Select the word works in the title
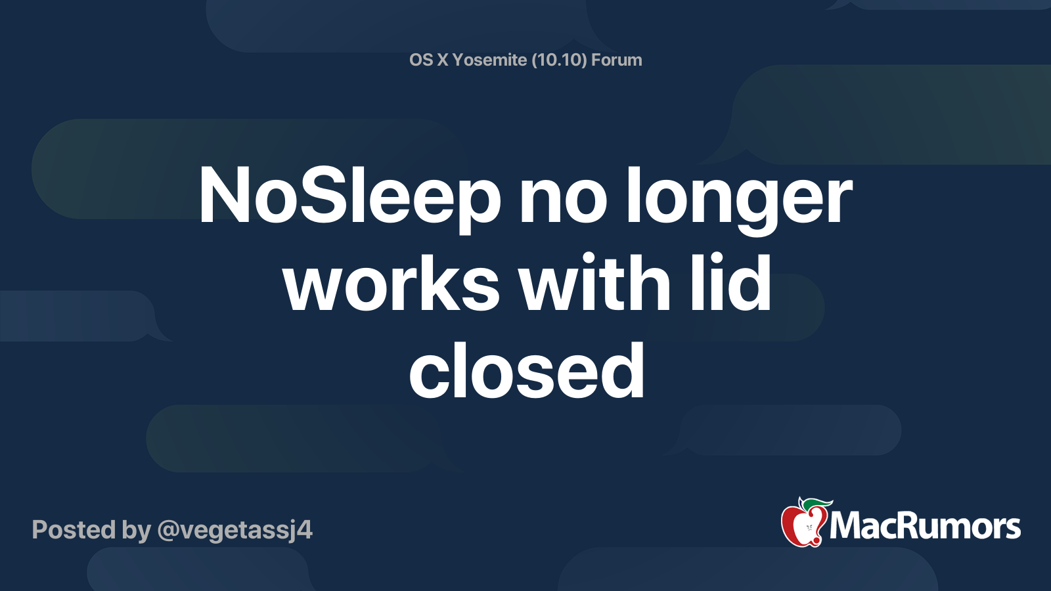point(391,283)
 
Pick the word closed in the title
point(527,370)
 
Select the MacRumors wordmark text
point(925,527)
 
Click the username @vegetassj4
point(235,531)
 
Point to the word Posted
point(74,529)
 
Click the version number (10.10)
point(559,60)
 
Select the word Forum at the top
point(617,60)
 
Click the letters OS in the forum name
point(421,60)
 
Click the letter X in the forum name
point(443,60)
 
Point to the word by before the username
point(137,531)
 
